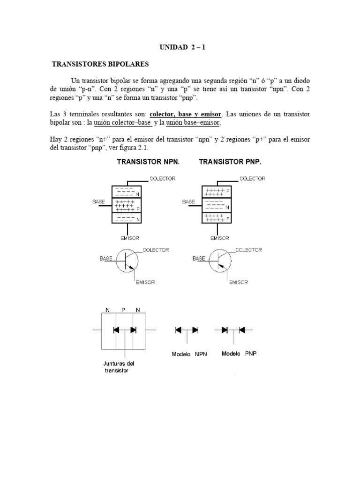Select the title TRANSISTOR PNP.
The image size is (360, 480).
[x=230, y=162]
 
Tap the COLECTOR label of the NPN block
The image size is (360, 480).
[x=162, y=179]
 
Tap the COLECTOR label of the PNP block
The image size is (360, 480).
[x=252, y=179]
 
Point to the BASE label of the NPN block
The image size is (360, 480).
[x=98, y=201]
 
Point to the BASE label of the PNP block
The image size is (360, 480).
[x=188, y=201]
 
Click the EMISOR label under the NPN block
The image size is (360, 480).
[x=129, y=238]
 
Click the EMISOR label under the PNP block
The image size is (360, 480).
[x=219, y=238]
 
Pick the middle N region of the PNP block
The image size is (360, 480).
[x=216, y=205]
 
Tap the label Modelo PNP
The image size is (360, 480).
[x=239, y=353]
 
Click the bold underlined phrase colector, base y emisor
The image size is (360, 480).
[x=187, y=114]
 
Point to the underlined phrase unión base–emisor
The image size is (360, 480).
[x=192, y=123]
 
